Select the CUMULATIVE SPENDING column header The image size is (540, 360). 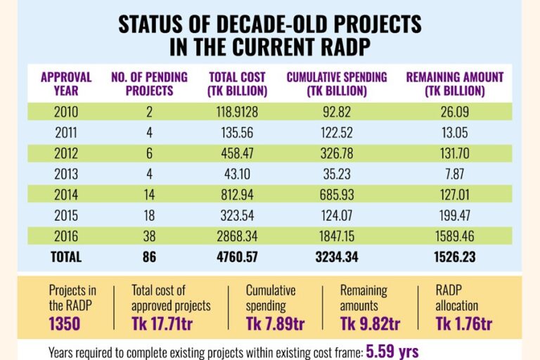337,84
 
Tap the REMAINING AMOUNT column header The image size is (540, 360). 454,84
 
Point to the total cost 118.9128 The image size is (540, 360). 238,110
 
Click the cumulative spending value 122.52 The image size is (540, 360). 337,131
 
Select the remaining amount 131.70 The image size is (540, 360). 454,153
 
